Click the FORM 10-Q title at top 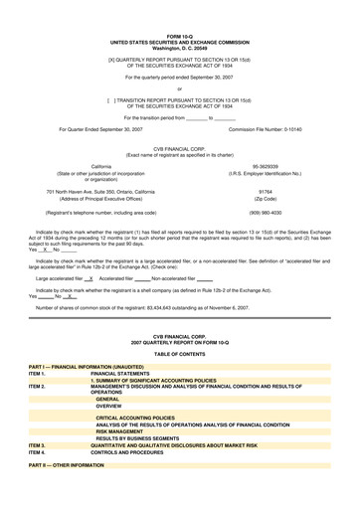point(180,36)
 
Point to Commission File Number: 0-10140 point(265,129)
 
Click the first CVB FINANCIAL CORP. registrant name point(180,148)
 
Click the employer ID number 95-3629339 point(265,166)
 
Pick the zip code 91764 point(265,192)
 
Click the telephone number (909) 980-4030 point(265,213)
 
